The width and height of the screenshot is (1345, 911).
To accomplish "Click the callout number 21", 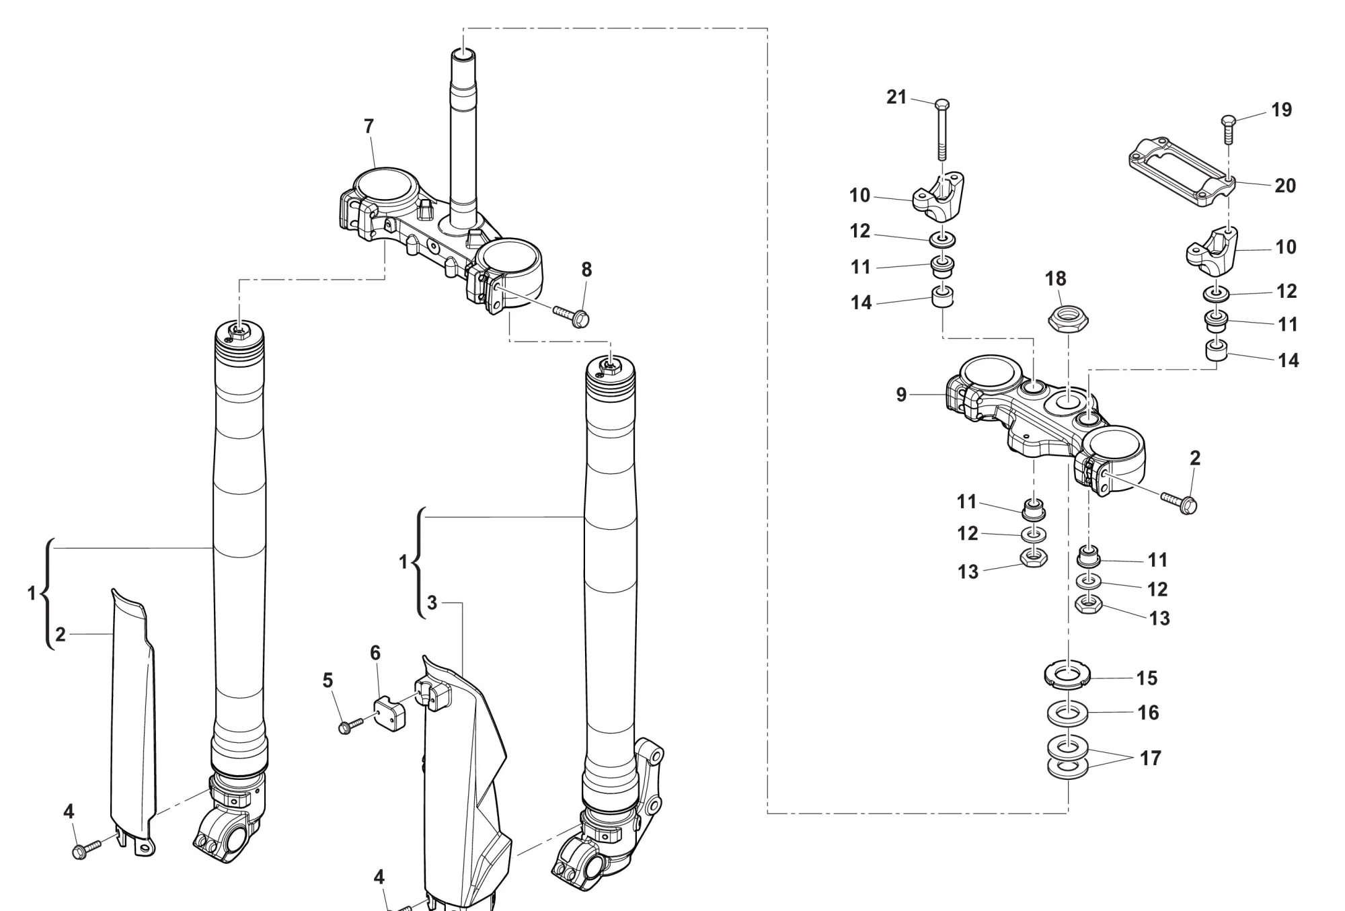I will [896, 97].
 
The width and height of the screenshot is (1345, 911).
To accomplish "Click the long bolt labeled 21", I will [942, 131].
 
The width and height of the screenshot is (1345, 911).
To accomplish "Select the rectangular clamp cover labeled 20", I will [1180, 171].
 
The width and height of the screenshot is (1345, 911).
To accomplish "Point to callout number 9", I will [901, 395].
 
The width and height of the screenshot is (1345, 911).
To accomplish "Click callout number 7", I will [369, 126].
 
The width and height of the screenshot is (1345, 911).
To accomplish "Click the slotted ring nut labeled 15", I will [1067, 675].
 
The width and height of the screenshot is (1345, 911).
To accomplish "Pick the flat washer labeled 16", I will [1067, 712].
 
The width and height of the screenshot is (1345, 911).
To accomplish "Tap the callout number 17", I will [1151, 758].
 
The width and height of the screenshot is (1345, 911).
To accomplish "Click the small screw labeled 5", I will [350, 725].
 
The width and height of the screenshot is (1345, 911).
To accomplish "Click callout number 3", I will [432, 603].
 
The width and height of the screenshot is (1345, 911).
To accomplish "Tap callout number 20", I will [1285, 186].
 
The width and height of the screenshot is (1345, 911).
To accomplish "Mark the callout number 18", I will [1056, 278].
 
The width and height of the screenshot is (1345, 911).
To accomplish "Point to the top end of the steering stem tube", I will [463, 54].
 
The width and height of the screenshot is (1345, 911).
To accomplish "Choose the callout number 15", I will [1147, 678].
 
